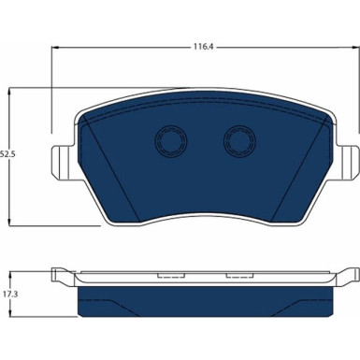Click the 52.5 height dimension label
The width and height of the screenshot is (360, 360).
click(7, 153)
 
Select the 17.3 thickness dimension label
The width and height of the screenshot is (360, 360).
click(10, 294)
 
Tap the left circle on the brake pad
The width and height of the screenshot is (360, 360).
click(171, 141)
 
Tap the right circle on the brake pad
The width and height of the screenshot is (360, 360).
click(240, 141)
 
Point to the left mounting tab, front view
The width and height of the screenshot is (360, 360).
click(63, 162)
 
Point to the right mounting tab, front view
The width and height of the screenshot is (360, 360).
click(349, 162)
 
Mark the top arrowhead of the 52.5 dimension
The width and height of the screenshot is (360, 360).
click(10, 92)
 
